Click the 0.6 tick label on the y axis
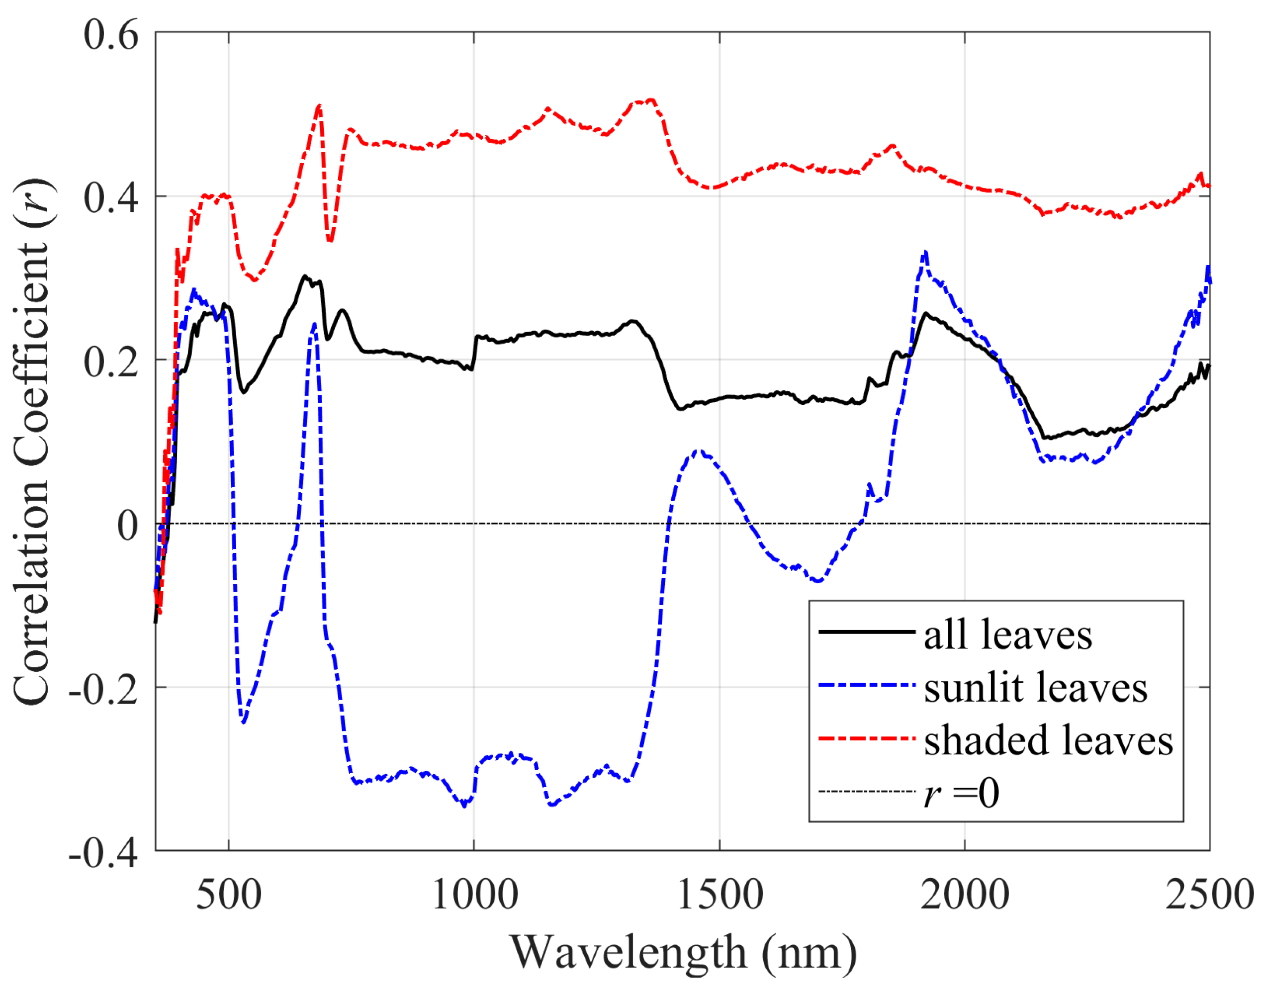pyautogui.click(x=111, y=35)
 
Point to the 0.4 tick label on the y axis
pyautogui.click(x=111, y=198)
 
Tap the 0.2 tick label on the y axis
pyautogui.click(x=111, y=362)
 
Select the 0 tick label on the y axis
pyautogui.click(x=128, y=526)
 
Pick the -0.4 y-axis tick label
pyautogui.click(x=103, y=853)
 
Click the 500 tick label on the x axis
pyautogui.click(x=229, y=895)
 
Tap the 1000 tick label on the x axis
pyautogui.click(x=474, y=895)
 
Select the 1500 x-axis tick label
pyautogui.click(x=720, y=895)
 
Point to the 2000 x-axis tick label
pyautogui.click(x=965, y=895)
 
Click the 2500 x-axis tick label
pyautogui.click(x=1209, y=895)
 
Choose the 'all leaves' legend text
pyautogui.click(x=1008, y=635)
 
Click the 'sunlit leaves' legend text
pyautogui.click(x=1035, y=688)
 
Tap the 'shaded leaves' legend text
pyautogui.click(x=1048, y=741)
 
